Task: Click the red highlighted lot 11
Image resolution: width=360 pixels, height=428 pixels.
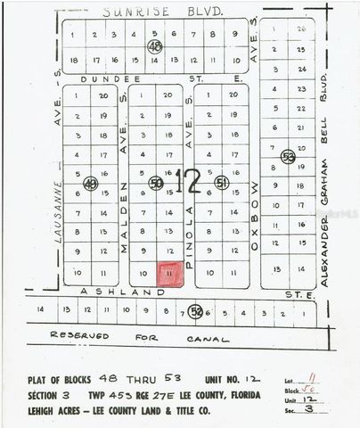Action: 170,274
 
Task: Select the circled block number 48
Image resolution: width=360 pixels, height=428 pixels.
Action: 156,45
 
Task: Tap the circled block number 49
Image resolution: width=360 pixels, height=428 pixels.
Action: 90,183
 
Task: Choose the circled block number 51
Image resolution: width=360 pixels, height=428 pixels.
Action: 221,183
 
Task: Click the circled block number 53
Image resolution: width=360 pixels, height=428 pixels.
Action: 287,155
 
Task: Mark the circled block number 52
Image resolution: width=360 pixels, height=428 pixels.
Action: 196,311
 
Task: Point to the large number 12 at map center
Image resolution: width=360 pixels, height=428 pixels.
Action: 188,180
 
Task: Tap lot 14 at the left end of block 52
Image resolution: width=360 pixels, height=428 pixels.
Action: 40,310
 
